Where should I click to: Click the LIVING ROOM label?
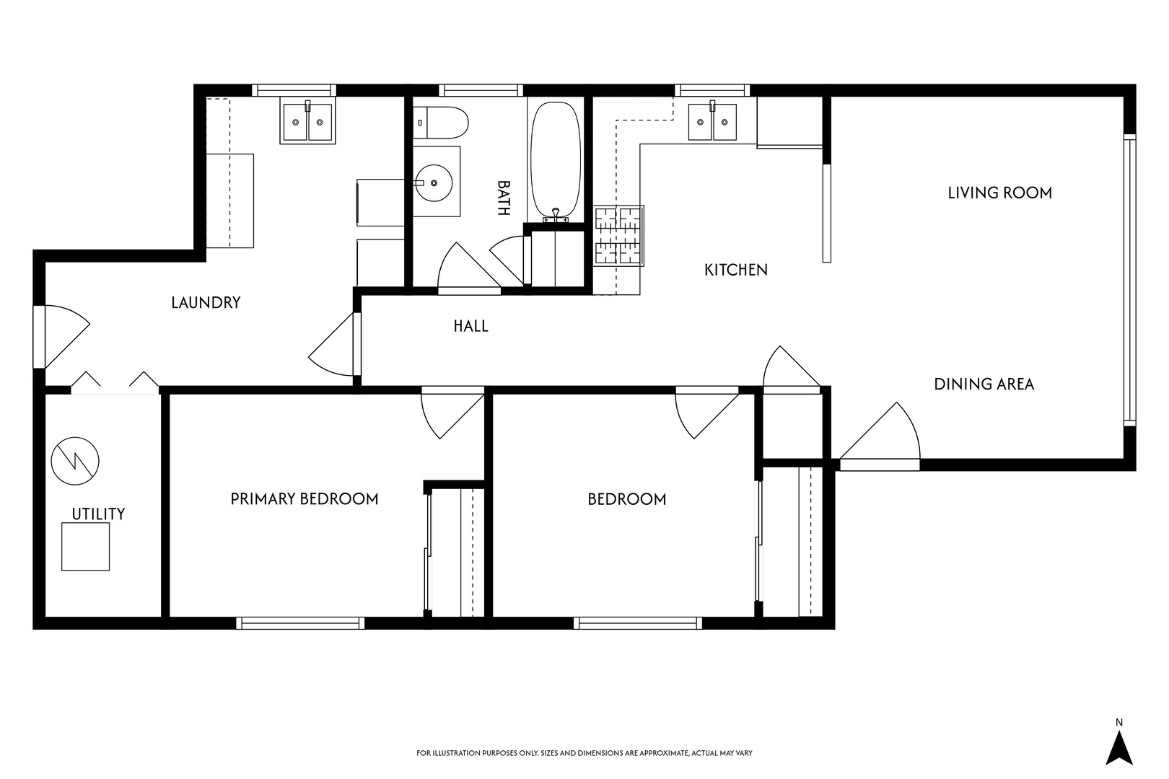(999, 193)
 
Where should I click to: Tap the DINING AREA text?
(984, 384)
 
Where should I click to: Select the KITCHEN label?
(736, 270)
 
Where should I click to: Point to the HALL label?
(470, 326)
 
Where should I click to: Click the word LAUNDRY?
(206, 303)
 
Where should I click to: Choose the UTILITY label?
(98, 514)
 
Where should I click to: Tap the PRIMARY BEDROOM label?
(305, 499)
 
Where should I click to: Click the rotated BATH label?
(503, 198)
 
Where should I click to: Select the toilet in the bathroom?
(440, 123)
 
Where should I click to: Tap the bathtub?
(556, 162)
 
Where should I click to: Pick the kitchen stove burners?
(618, 236)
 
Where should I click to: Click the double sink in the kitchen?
(712, 122)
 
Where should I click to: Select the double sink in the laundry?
(307, 122)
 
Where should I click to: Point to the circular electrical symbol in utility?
(75, 461)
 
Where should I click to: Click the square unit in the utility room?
(86, 547)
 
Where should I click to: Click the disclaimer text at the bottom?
(584, 753)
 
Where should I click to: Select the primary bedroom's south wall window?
(300, 623)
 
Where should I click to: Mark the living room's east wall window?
(1129, 280)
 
